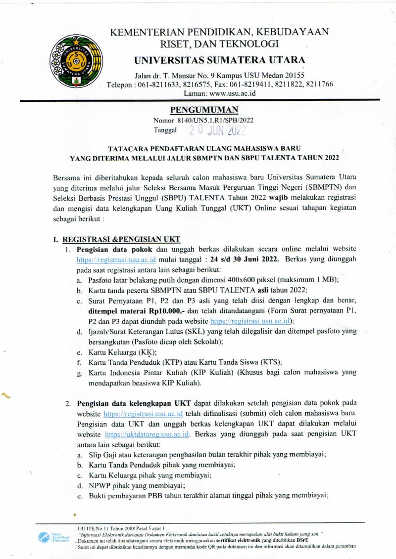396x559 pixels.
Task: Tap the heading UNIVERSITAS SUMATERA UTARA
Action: pos(219,60)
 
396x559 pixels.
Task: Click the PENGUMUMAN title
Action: pos(197,110)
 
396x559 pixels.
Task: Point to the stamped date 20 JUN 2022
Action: pos(217,130)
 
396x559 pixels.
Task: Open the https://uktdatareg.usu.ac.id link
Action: pos(148,434)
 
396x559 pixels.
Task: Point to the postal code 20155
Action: pos(294,75)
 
